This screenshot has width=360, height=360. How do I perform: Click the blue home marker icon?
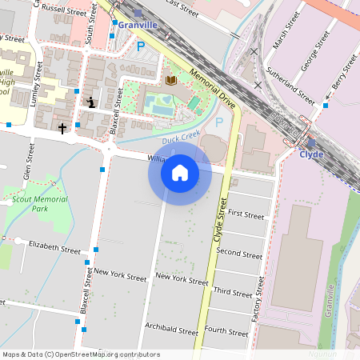180,172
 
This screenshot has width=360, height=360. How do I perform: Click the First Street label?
246,215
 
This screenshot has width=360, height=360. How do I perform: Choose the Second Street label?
239,254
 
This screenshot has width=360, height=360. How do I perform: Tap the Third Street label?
234,293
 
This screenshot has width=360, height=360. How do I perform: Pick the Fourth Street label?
226,330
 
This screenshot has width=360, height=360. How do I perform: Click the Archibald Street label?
171,329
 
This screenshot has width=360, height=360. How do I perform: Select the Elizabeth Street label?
54,246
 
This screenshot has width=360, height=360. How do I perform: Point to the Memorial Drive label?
211,88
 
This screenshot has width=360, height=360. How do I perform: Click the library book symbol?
170,80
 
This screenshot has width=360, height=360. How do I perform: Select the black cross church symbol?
62,127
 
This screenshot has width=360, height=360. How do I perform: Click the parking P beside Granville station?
141,47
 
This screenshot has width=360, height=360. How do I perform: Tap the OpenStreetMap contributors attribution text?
80,354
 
